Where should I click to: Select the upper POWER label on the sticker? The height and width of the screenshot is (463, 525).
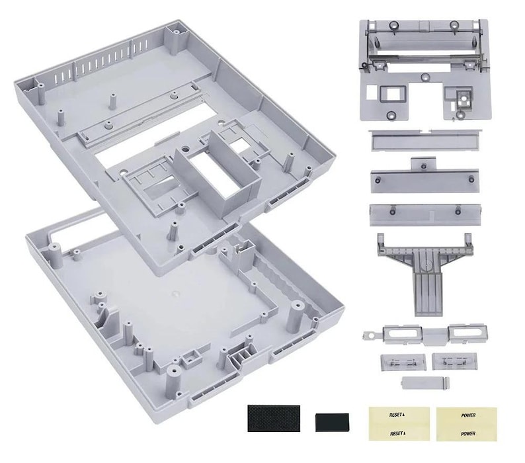tap(467, 415)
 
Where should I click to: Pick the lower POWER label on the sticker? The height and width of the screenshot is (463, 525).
tap(467, 434)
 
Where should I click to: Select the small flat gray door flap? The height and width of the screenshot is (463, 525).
tap(424, 383)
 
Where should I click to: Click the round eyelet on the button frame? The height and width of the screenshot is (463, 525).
tap(365, 336)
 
